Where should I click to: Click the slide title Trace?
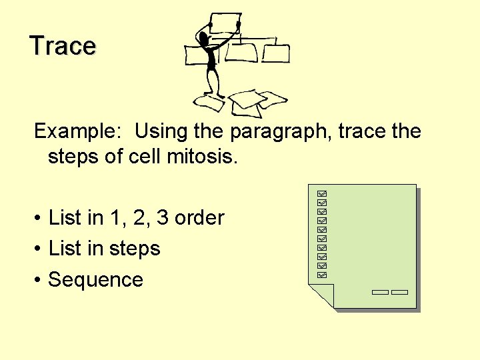63,46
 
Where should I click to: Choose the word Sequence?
95,279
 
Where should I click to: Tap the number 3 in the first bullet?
162,218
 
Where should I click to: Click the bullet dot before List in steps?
39,249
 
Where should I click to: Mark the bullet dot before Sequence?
39,280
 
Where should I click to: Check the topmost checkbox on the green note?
323,192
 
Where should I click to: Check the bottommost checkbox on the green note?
323,274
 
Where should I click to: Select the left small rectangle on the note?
380,292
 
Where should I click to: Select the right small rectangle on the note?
399,292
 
